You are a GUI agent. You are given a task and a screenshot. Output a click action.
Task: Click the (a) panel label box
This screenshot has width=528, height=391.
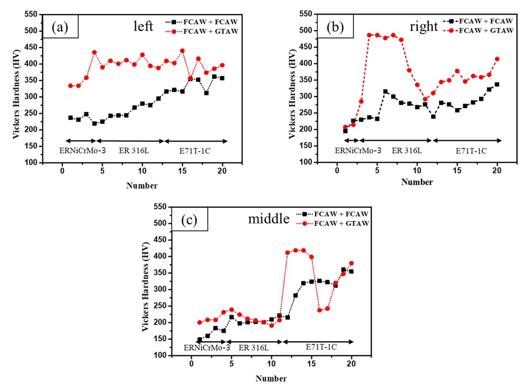(60, 27)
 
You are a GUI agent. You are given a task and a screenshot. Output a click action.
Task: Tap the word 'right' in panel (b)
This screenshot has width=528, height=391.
(423, 27)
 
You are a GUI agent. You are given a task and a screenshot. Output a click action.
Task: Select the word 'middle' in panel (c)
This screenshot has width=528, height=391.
(269, 219)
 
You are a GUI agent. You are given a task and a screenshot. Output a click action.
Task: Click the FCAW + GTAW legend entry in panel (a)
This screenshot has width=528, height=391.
(202, 31)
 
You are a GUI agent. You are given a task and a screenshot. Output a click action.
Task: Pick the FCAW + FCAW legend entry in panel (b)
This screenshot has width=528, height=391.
(478, 21)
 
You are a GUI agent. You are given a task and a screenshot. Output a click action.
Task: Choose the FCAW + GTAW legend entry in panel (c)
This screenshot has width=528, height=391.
(333, 223)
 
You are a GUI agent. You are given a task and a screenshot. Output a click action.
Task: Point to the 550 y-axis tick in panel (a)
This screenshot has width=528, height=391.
(30, 15)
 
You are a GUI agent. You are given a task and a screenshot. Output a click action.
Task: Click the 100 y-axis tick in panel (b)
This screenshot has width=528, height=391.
(305, 162)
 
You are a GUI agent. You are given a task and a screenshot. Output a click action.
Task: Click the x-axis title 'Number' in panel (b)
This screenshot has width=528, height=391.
(417, 182)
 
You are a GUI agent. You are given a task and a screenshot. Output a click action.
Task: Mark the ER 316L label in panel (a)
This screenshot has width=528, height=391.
(134, 151)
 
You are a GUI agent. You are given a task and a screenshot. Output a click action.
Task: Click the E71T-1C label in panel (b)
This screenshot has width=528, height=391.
(471, 151)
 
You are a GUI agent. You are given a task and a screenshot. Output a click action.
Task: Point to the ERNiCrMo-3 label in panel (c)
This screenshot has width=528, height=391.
(206, 348)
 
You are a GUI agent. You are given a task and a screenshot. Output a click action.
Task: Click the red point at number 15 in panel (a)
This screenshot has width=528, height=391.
(182, 51)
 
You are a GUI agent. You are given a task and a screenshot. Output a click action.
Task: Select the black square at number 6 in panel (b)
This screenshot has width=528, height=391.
(385, 92)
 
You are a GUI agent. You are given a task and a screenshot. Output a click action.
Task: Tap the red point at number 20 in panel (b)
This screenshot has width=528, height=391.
(497, 59)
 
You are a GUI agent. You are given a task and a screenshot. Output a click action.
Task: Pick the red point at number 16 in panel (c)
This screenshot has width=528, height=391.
(319, 310)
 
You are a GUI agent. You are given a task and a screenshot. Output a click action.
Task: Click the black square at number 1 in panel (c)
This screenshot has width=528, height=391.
(200, 340)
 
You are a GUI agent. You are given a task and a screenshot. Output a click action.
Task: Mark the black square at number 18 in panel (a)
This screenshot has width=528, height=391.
(206, 93)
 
